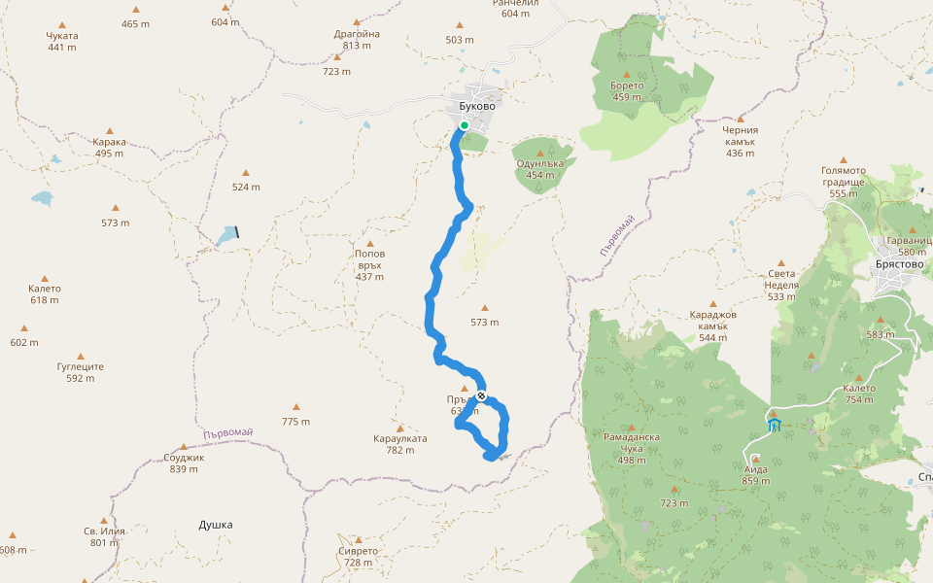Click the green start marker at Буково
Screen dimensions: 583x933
(465, 125)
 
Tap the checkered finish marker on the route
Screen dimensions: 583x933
(481, 395)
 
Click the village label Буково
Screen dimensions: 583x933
(478, 107)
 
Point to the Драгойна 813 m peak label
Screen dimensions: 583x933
(357, 39)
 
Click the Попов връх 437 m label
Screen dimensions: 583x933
(369, 264)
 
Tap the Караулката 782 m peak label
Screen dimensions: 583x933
(399, 444)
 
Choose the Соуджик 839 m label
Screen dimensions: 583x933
(184, 463)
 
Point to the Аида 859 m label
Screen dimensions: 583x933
(755, 474)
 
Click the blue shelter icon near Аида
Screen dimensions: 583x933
(775, 425)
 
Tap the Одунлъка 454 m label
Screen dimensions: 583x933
(539, 169)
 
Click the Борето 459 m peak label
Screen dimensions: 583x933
(627, 90)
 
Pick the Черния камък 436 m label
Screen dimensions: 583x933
(741, 141)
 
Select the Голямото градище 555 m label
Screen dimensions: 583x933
(843, 182)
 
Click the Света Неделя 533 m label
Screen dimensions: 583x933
(782, 285)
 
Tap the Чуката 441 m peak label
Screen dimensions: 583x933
(62, 41)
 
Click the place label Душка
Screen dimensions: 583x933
(216, 525)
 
